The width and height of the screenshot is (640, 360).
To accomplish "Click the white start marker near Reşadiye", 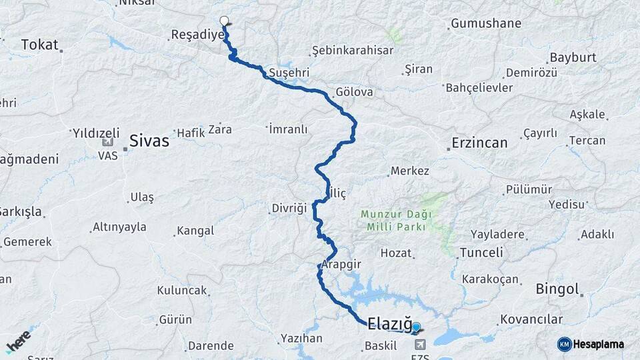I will click(x=224, y=21).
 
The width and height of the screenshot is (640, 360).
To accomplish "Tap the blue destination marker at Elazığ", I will click(x=416, y=327).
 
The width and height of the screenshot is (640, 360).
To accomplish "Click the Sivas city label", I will click(x=149, y=141).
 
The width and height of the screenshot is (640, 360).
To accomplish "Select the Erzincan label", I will click(x=479, y=143).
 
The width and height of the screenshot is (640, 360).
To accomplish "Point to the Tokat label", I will click(x=39, y=45).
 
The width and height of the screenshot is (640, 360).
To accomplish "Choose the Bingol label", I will click(x=557, y=289).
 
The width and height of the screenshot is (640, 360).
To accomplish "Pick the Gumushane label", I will click(x=486, y=24).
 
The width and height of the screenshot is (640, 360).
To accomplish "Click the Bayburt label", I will click(x=572, y=57).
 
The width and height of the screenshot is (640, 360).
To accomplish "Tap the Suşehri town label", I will click(x=289, y=73).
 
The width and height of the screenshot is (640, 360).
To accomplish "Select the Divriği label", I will click(x=289, y=208).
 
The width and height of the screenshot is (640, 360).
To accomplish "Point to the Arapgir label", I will click(x=341, y=265).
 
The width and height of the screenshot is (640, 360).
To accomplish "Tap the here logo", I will click(x=19, y=341).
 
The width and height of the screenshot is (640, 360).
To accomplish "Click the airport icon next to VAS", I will click(x=107, y=141).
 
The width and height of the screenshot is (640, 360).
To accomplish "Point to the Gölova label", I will click(x=355, y=92).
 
